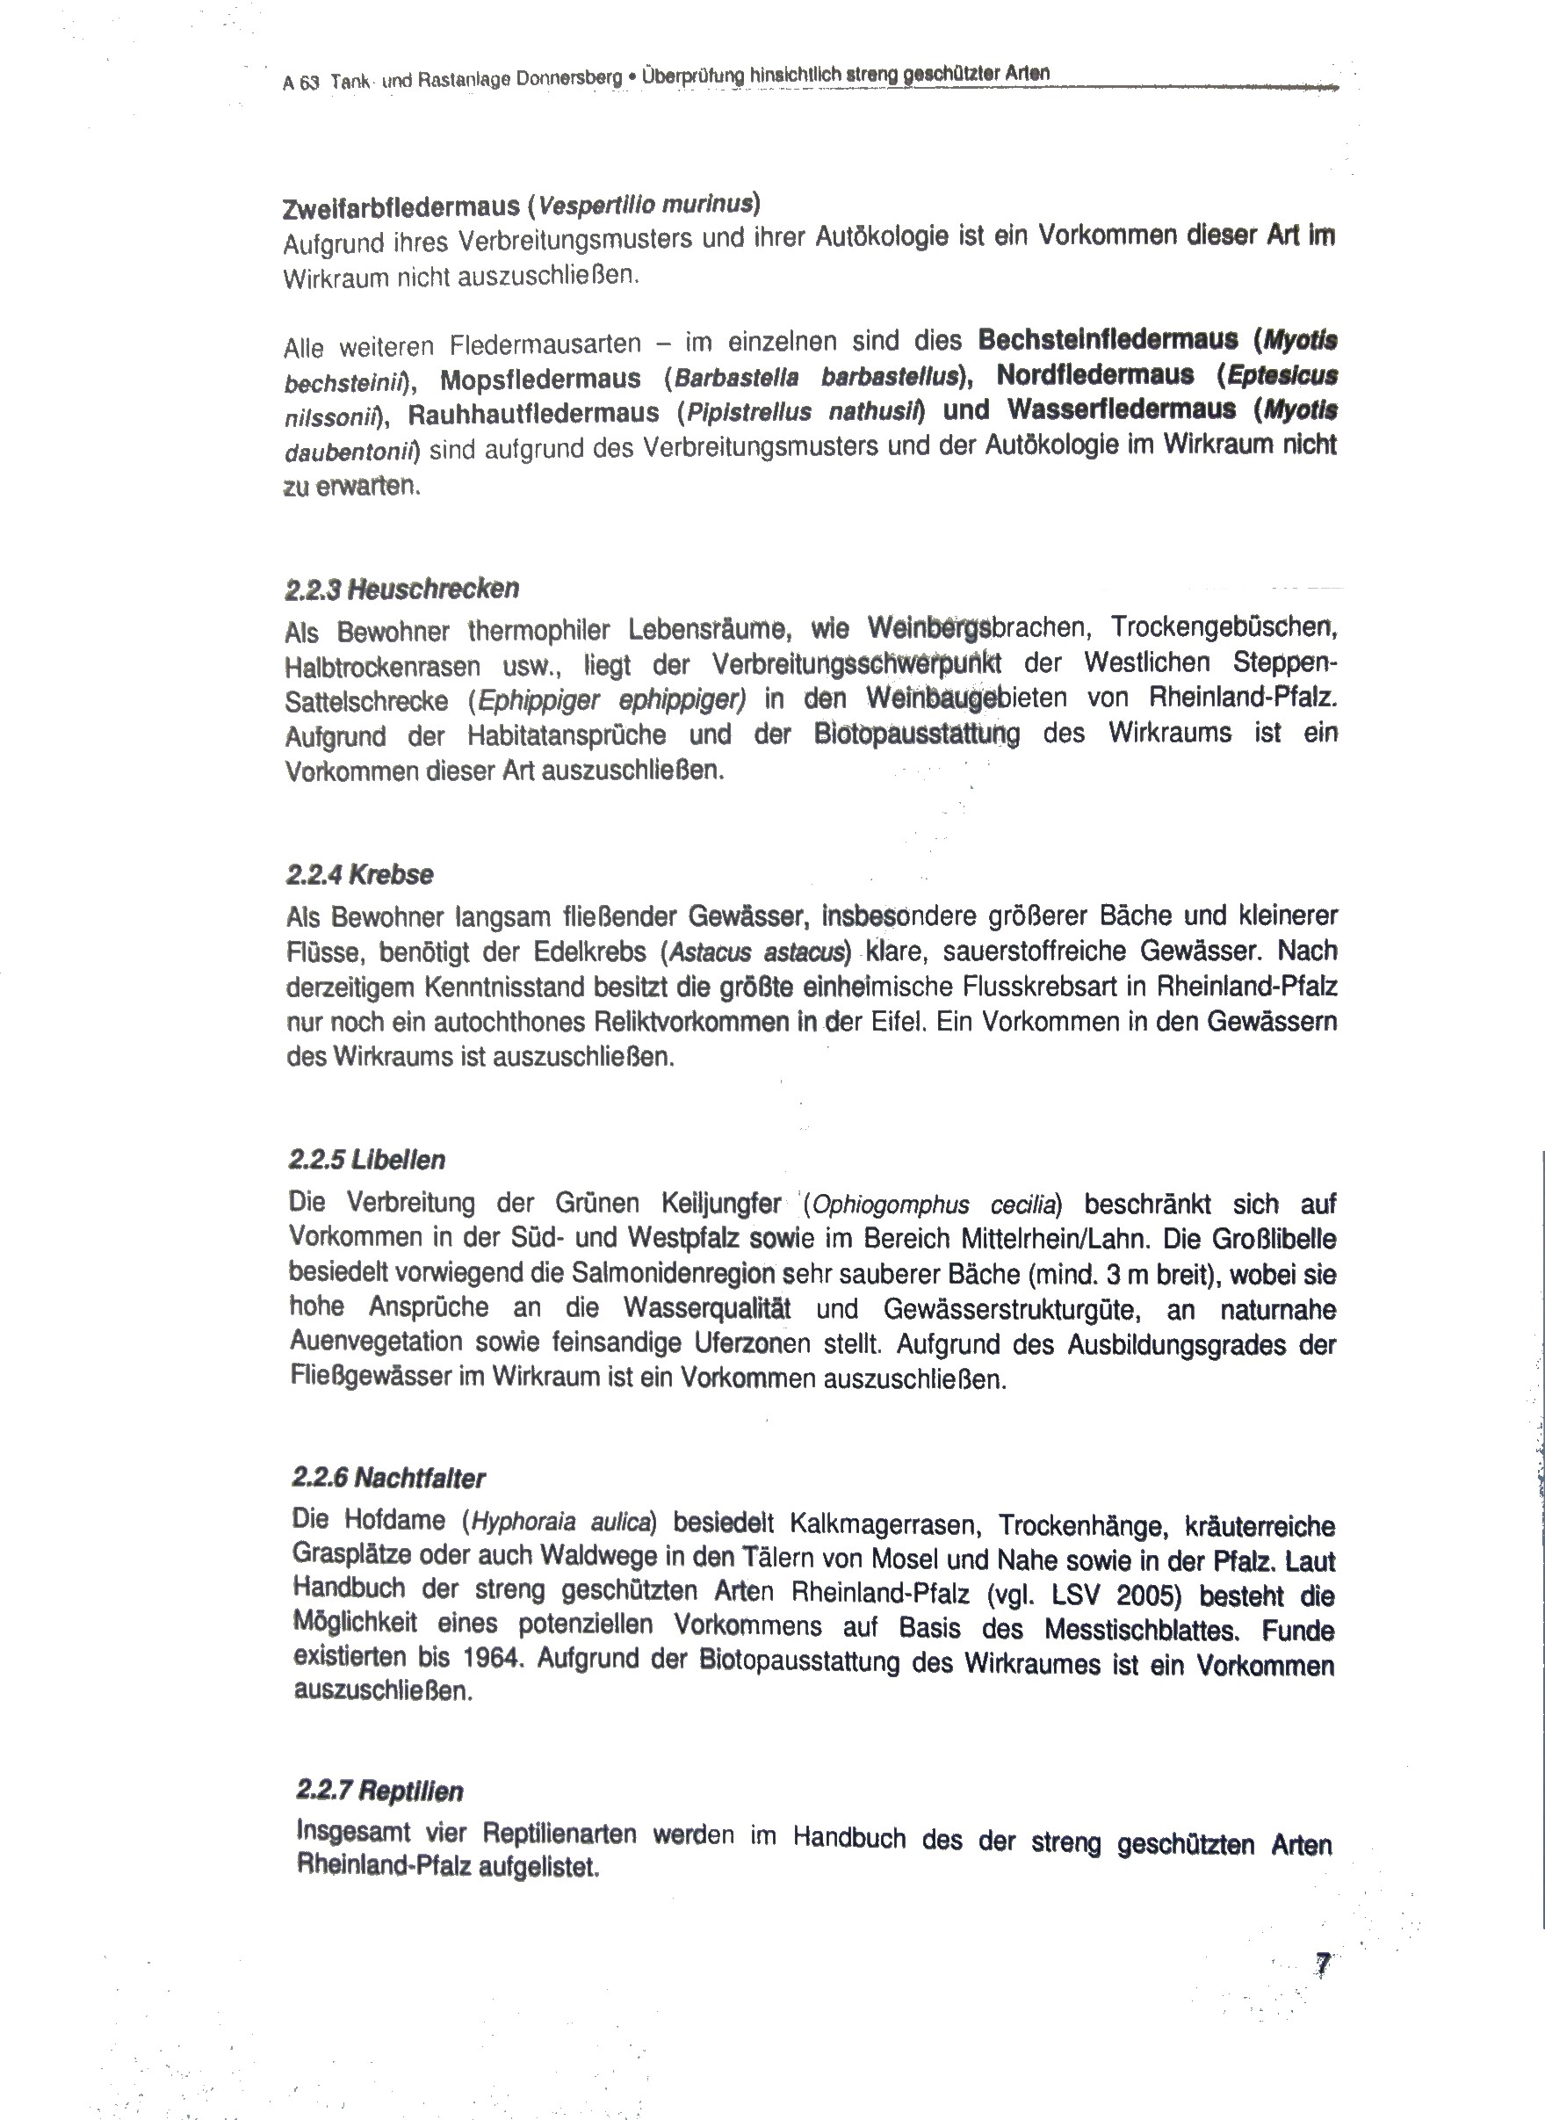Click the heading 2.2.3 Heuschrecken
point(402,590)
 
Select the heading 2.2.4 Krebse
point(360,875)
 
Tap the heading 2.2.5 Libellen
point(366,1160)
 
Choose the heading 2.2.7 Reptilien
point(379,1791)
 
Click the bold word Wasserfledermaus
point(1122,409)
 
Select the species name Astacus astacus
point(756,953)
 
